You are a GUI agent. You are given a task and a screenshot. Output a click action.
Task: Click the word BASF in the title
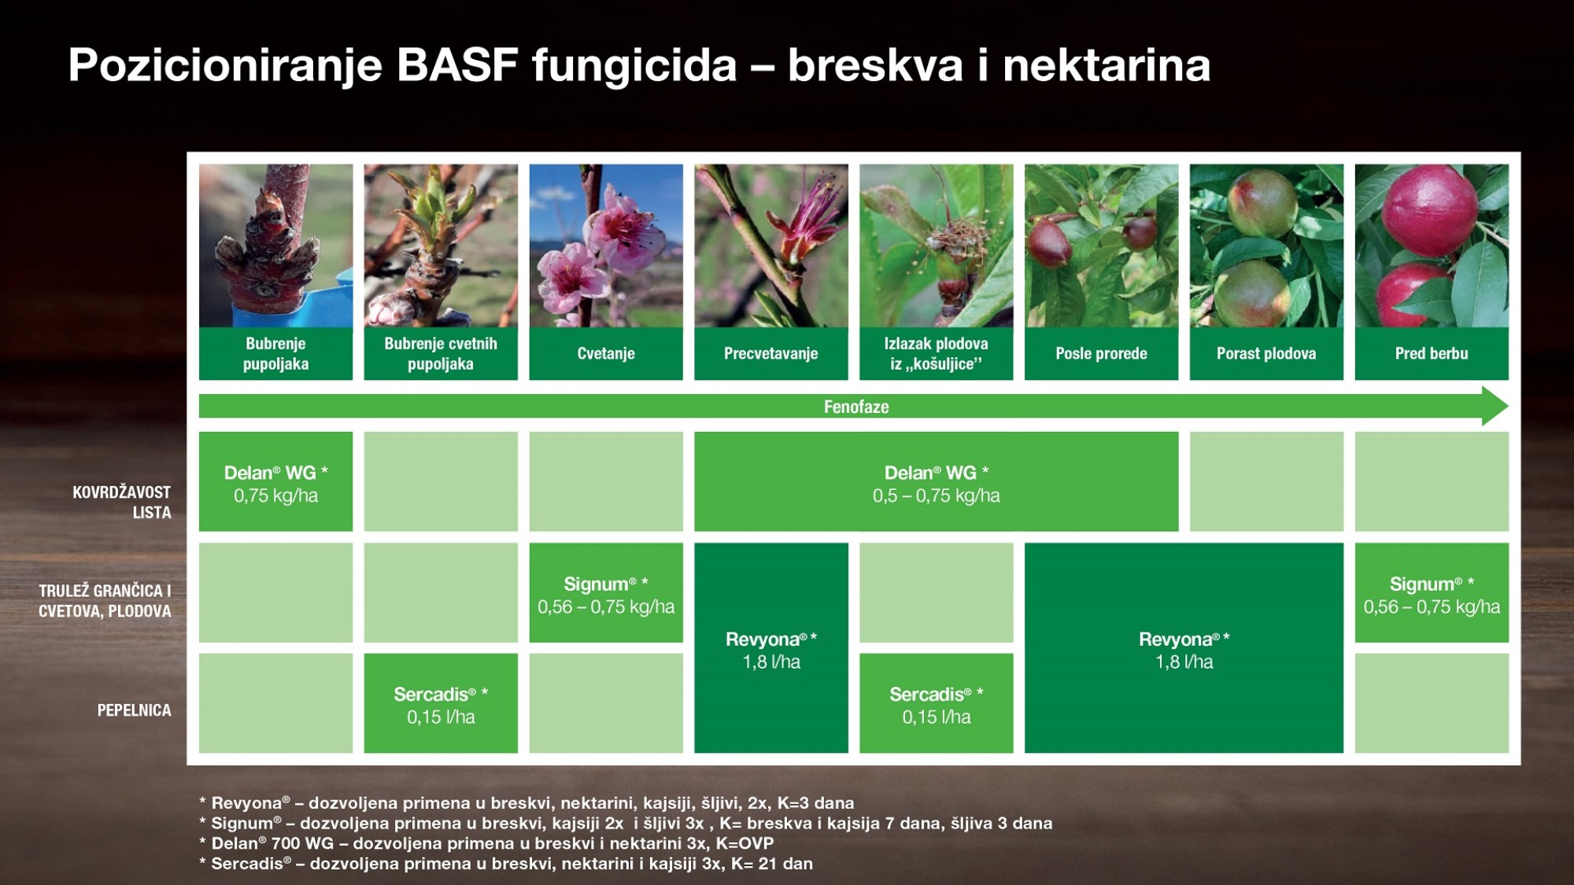[456, 65]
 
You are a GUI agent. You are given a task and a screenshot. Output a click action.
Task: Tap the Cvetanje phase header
[606, 353]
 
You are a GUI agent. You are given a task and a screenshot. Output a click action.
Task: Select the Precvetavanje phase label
[771, 353]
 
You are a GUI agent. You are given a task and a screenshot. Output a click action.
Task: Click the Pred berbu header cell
[1432, 353]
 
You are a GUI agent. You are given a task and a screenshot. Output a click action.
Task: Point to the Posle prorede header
[1101, 353]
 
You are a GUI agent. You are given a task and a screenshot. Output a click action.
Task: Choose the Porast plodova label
[1266, 353]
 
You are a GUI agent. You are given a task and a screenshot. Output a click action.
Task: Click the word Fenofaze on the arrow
[856, 407]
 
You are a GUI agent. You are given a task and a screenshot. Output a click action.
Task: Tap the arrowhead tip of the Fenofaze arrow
[1508, 406]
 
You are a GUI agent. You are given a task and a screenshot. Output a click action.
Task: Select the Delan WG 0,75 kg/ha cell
[275, 481]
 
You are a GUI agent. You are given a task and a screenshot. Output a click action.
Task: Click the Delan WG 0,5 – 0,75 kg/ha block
[937, 481]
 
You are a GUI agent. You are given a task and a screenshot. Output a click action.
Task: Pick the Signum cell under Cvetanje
[606, 592]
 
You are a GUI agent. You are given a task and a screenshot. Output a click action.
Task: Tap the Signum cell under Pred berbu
[1432, 592]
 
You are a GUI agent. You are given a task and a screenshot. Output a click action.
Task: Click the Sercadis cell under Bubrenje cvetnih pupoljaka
[441, 703]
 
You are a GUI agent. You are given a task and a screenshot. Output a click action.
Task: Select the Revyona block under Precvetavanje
[771, 647]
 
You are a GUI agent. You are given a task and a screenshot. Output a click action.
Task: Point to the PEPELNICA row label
[134, 710]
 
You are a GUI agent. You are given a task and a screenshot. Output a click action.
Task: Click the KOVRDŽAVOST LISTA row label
[122, 502]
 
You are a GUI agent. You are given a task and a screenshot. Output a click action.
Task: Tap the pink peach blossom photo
[606, 245]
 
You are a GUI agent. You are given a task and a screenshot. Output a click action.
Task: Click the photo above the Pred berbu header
[1432, 245]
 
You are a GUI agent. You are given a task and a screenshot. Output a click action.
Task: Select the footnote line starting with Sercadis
[506, 864]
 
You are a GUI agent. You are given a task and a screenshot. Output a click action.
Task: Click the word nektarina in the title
[1107, 65]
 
